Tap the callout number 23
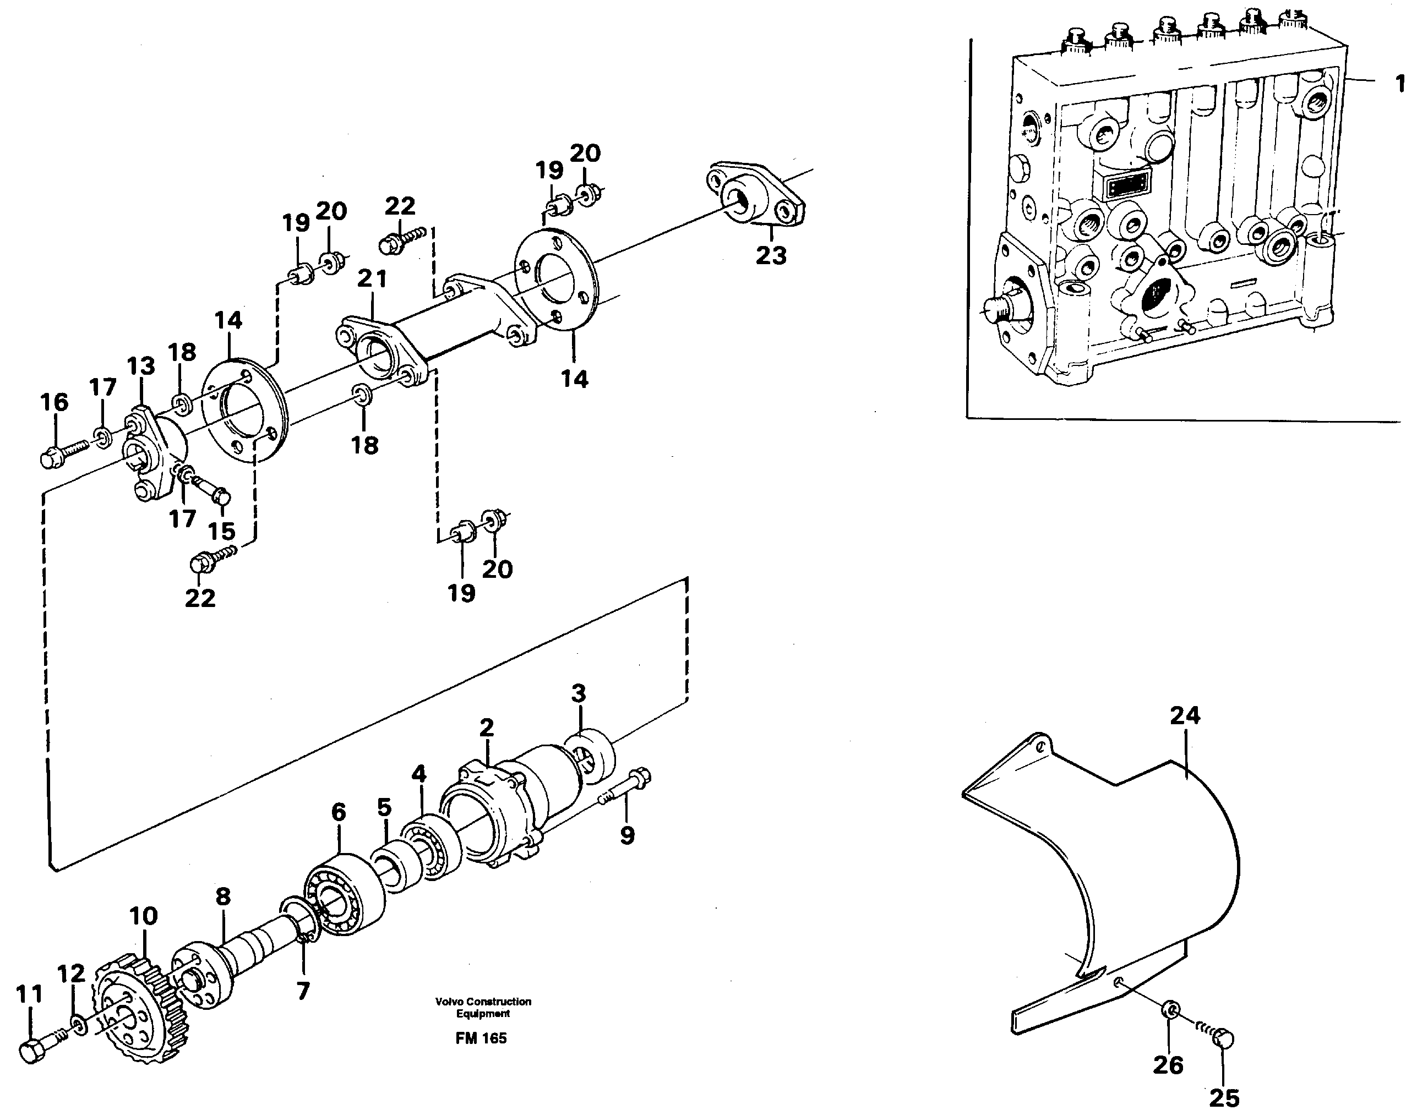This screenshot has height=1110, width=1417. coord(771,255)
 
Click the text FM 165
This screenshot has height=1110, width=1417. coord(481,1038)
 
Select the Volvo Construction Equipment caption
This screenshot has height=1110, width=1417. coord(483,1007)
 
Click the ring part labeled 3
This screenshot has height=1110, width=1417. coord(590,754)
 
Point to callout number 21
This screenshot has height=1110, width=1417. coord(372,279)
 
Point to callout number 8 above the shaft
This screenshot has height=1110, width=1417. coord(223,897)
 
